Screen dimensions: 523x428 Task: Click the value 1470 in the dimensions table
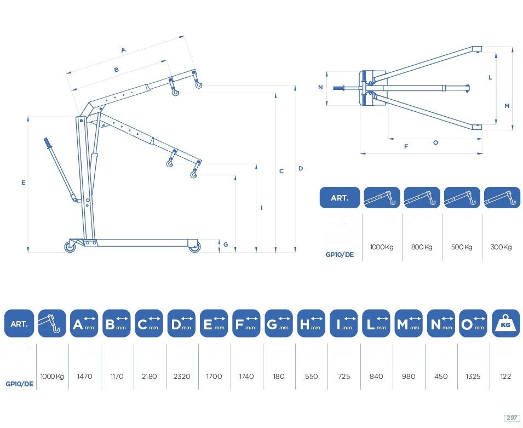(84, 376)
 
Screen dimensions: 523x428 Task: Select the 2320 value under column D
(182, 376)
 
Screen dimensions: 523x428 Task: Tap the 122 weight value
(505, 376)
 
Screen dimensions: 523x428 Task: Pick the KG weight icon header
(505, 323)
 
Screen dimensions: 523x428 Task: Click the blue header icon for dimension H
(311, 323)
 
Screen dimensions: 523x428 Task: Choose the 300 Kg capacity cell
(501, 247)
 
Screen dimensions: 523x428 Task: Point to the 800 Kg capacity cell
(422, 247)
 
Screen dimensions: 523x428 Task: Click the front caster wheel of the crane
(194, 247)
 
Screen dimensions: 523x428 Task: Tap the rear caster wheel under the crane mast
(71, 247)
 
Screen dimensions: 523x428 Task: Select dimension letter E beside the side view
(24, 182)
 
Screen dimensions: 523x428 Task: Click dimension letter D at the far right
(301, 168)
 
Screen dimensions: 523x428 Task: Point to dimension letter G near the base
(226, 244)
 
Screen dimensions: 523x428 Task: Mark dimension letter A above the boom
(123, 50)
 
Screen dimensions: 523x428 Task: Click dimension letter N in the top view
(320, 87)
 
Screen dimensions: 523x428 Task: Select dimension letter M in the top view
(507, 106)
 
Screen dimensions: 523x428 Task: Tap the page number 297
(511, 418)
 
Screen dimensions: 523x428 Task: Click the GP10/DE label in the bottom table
(20, 384)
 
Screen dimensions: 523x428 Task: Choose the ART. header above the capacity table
(340, 198)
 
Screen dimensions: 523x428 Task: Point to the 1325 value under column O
(473, 376)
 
